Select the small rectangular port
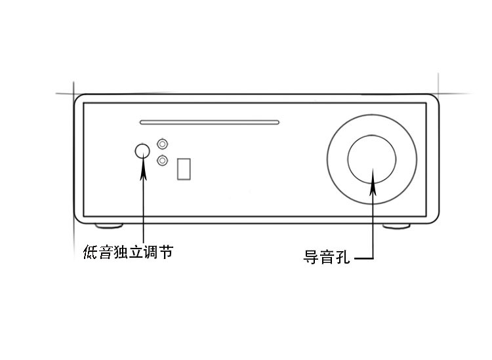coord(184,169)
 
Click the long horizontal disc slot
coord(209,123)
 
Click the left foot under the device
coord(109,226)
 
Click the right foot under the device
coord(396,226)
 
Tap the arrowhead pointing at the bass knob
coord(143,169)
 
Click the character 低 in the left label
coord(91,252)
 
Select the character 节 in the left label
coord(167,252)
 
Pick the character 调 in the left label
coord(152,252)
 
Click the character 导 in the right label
coord(311,257)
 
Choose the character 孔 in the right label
coord(342,257)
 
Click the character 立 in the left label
coord(136,252)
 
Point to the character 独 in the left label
coord(121,252)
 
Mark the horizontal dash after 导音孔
coord(364,259)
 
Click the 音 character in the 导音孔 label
coord(326,257)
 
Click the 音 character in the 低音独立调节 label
coord(106,252)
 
